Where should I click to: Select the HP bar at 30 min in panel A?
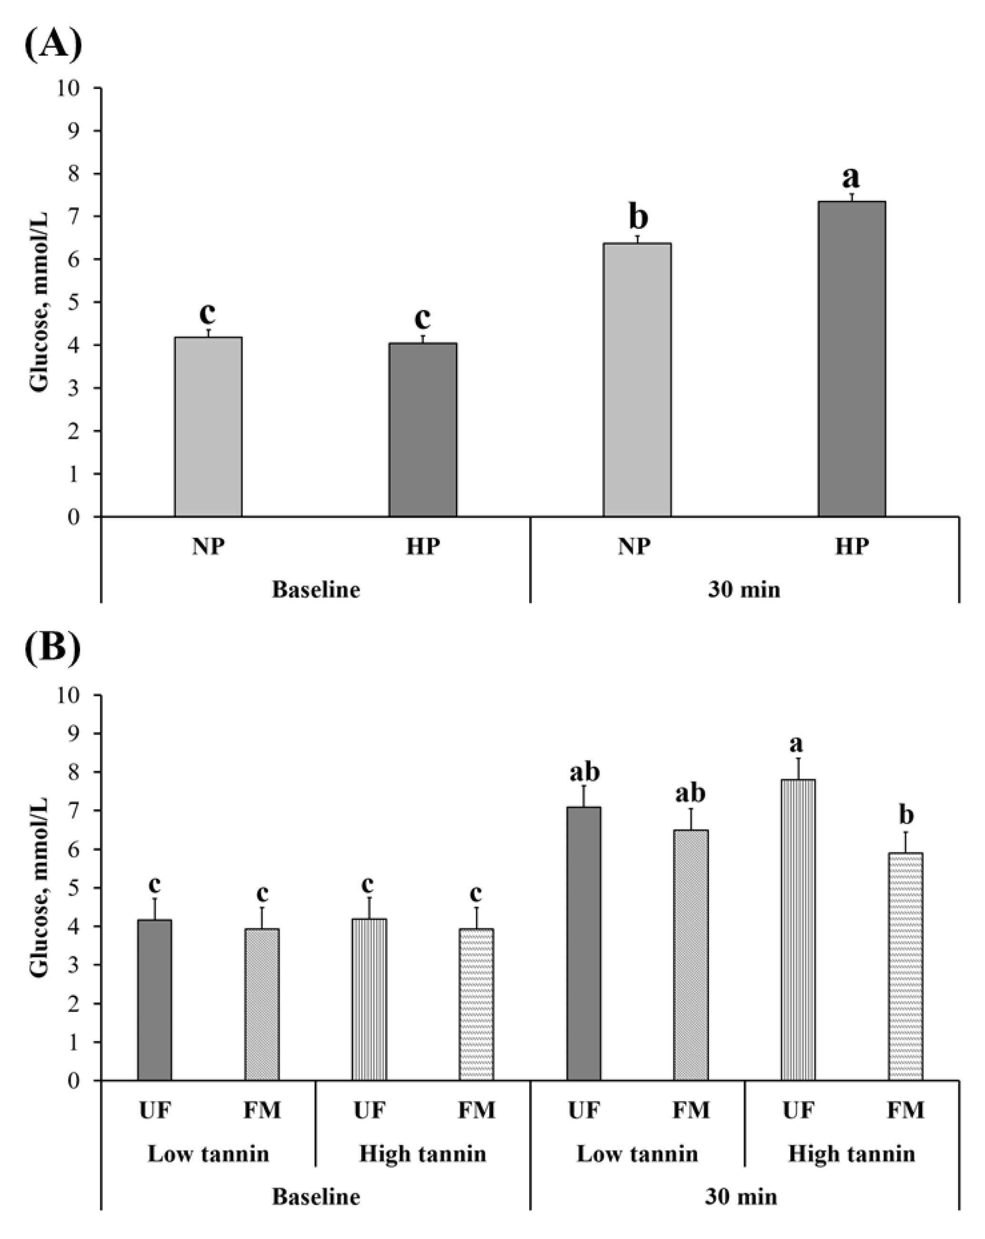tap(851, 359)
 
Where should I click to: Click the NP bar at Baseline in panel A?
tap(208, 426)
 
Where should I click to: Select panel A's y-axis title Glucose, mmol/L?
tap(39, 302)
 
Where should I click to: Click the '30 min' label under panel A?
tap(744, 590)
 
